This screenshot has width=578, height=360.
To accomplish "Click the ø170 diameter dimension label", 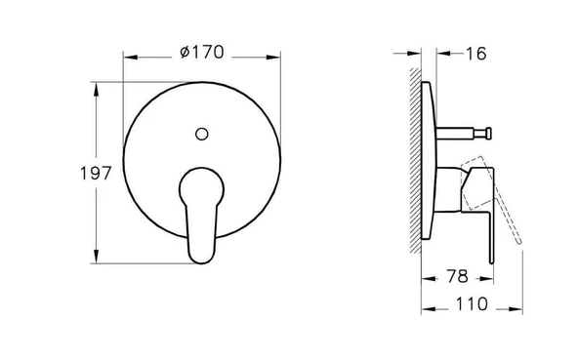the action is coord(202,53).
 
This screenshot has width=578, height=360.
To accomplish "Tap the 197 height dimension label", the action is coord(96,174).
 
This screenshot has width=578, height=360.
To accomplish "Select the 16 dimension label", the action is coord(475,54).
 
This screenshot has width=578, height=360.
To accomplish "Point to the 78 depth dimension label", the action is coord(457,276).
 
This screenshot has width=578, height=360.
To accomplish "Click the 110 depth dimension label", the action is coord(472,304).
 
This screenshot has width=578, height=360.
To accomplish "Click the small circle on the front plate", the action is coord(202,134).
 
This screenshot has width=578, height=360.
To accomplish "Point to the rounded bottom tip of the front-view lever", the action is coord(201,260).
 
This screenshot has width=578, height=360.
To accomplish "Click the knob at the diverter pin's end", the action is coord(488,134).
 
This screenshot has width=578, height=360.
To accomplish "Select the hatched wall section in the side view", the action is coord(416,161).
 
